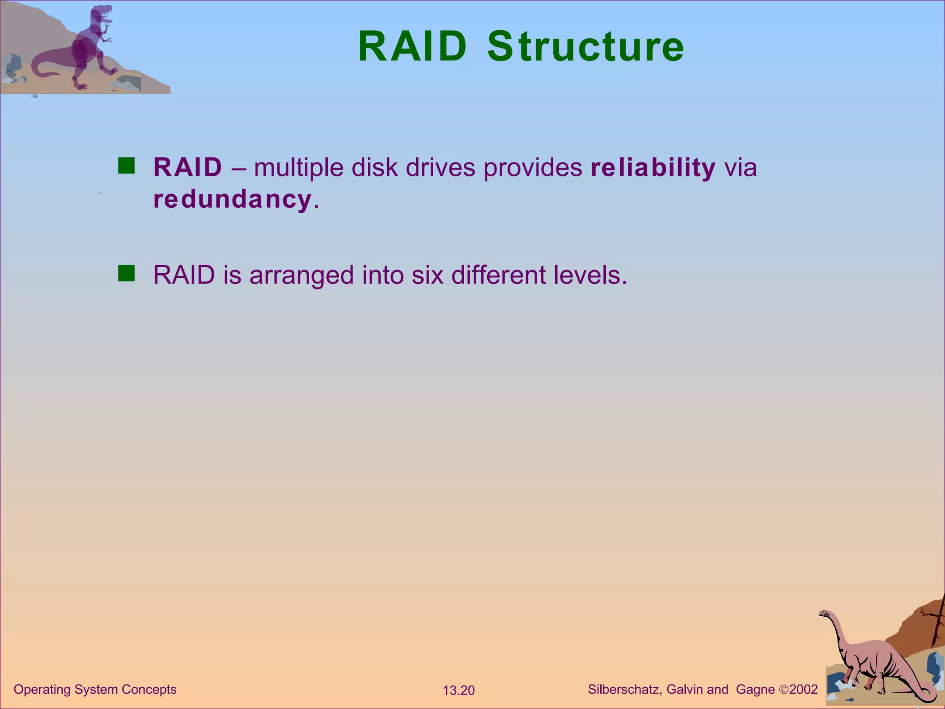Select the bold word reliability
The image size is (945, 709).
coord(653,167)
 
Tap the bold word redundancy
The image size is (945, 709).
coord(232,199)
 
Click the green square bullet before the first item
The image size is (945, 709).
coord(126,166)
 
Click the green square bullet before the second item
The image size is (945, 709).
coord(126,273)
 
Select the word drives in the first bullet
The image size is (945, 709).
coord(441,167)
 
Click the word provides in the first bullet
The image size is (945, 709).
coord(533,168)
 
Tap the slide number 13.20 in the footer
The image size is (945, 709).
coord(459,691)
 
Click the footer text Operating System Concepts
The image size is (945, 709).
coord(95,690)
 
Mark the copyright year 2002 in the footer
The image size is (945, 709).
coord(803,690)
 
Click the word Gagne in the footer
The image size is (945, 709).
coord(755,690)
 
